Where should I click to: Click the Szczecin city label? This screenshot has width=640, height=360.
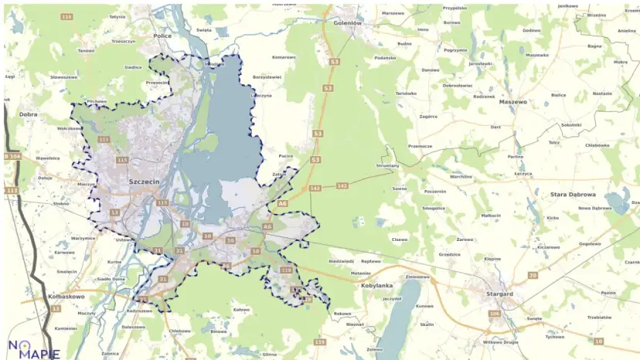click(145, 181)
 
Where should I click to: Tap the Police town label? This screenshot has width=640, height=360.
click(162, 36)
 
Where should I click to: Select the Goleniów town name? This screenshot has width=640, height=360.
click(347, 23)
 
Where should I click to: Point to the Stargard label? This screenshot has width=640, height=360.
click(500, 294)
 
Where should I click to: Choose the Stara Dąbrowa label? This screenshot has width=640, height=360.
click(572, 195)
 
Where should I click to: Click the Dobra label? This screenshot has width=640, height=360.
click(28, 114)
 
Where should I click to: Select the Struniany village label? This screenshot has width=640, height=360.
click(387, 165)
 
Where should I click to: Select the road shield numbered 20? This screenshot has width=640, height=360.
click(533, 275)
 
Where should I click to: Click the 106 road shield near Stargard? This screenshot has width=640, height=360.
click(495, 314)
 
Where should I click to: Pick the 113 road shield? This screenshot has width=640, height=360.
click(11, 190)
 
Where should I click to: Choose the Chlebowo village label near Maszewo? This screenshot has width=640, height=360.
click(597, 144)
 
